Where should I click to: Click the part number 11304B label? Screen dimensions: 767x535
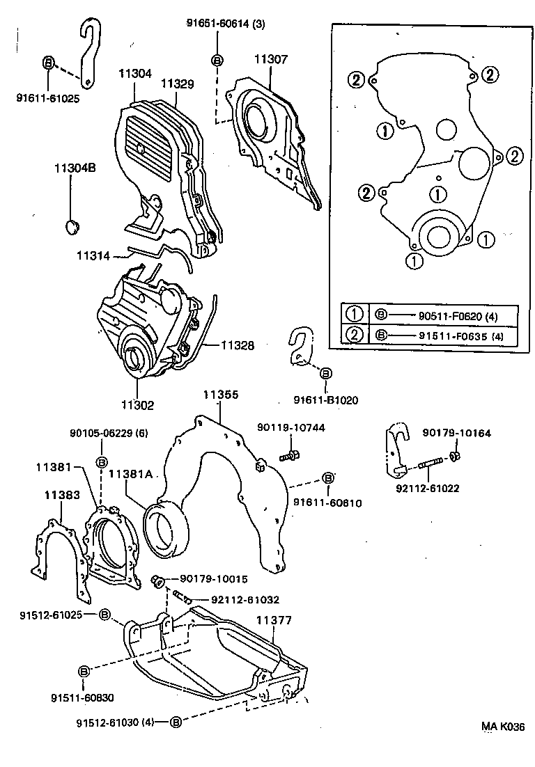(x=72, y=167)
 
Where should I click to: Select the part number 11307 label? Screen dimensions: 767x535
(x=270, y=60)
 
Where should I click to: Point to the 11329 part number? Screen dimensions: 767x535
(x=177, y=84)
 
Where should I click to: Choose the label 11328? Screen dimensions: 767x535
(x=238, y=345)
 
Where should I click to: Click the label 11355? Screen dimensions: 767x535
(x=220, y=395)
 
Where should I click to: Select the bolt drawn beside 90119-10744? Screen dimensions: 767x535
(x=288, y=457)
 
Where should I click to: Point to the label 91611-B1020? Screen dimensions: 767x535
(x=323, y=400)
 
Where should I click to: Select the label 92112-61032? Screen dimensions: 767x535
(x=233, y=600)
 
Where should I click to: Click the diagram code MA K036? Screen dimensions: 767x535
(x=502, y=727)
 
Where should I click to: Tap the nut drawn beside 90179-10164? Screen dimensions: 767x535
(x=453, y=457)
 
